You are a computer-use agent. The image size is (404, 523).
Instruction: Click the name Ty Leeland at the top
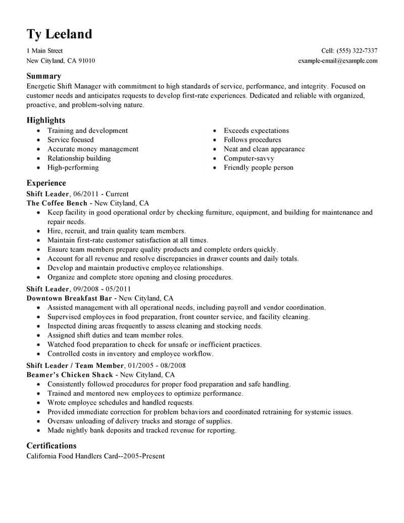59,34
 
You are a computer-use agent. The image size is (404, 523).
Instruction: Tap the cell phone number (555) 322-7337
358,51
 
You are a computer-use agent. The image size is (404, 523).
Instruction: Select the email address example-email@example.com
338,61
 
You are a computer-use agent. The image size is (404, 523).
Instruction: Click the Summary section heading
43,76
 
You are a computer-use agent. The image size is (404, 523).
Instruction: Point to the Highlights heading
45,120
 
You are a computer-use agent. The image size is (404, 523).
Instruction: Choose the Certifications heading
51,446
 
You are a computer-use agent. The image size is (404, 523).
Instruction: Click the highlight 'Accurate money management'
93,149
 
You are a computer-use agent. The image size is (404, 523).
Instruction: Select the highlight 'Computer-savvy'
249,158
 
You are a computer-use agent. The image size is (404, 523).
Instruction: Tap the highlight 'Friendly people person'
259,167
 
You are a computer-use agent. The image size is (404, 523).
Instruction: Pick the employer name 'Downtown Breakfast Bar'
69,299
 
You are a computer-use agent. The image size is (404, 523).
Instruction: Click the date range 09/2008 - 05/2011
103,289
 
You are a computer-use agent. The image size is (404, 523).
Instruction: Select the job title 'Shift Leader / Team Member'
75,365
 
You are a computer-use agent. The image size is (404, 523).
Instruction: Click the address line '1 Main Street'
44,51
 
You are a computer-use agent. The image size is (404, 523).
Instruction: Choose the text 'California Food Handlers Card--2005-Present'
95,456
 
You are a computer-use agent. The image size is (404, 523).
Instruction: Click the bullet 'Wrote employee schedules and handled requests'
121,403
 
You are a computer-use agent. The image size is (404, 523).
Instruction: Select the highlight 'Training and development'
88,130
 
